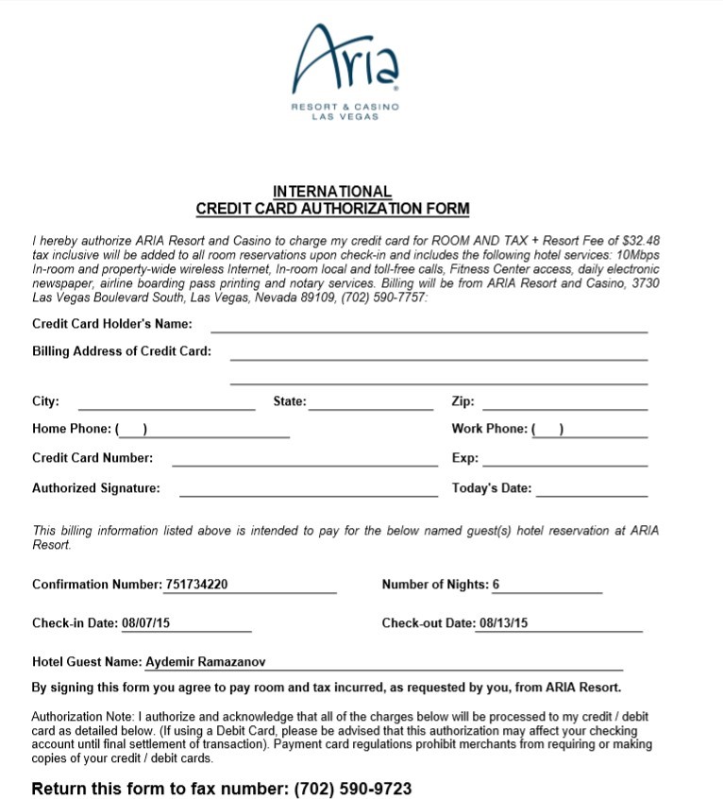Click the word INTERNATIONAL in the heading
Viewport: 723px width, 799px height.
pos(332,192)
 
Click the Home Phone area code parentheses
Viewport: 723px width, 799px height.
pos(132,430)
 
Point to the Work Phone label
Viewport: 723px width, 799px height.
pos(489,429)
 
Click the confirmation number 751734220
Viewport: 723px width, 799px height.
pos(196,585)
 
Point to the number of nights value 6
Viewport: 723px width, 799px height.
pos(496,585)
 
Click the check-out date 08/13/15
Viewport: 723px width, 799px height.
pos(503,623)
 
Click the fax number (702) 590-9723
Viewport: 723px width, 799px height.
pos(353,789)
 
